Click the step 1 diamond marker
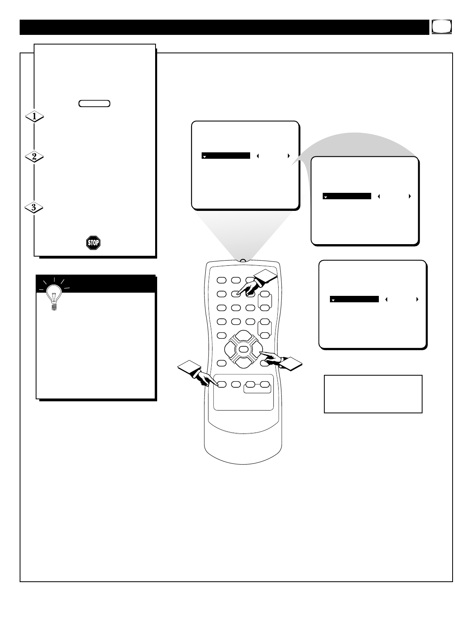click(34, 116)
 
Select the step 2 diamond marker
click(34, 157)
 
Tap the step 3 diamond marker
click(34, 208)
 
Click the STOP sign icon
click(93, 243)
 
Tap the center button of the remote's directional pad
click(242, 349)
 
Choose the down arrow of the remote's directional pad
click(242, 362)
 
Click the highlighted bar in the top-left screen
click(226, 156)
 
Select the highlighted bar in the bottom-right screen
click(354, 299)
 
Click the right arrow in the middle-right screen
click(410, 196)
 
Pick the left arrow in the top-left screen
click(258, 156)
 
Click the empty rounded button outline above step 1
click(94, 103)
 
